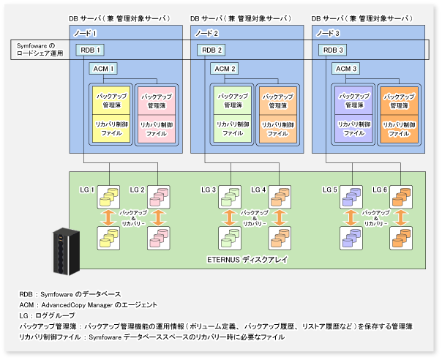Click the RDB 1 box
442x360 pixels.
pos(91,50)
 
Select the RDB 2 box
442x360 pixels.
pos(212,50)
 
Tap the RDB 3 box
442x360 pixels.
pos(334,50)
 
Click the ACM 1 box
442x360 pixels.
pos(103,68)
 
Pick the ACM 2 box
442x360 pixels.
pos(225,68)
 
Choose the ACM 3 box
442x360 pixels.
pos(345,68)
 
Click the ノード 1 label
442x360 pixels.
pos(86,33)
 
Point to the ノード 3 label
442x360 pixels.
pos(329,33)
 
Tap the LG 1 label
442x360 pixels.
pos(88,190)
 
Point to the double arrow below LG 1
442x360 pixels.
pos(108,217)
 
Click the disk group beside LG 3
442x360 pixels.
pos(229,196)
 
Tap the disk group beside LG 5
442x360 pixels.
pos(351,196)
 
